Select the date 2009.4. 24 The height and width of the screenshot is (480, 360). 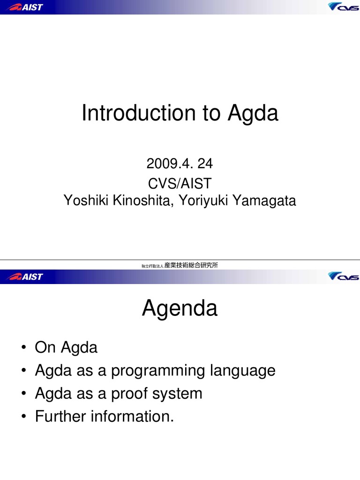180,164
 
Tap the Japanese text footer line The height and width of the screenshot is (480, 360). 180,265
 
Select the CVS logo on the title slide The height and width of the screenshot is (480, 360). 343,7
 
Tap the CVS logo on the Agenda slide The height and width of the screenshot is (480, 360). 343,277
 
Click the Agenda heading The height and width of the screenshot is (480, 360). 180,309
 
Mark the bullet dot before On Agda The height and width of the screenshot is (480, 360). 22,348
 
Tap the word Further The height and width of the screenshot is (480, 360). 60,416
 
